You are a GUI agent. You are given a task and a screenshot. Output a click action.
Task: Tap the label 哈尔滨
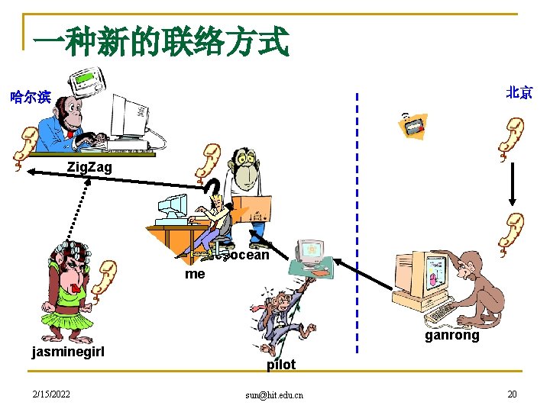(31, 97)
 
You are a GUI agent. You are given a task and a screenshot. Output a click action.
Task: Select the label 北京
(519, 92)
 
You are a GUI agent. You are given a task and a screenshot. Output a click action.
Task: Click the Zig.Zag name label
(89, 166)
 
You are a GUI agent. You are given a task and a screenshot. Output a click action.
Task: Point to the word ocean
(250, 255)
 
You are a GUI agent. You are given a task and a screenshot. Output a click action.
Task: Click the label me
(195, 273)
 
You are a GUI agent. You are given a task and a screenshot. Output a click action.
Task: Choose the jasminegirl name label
(67, 351)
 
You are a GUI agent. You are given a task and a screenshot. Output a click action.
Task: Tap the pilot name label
(280, 365)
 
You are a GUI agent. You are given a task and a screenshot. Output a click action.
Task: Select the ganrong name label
(452, 335)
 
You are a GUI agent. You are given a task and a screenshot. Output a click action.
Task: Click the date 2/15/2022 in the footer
(50, 393)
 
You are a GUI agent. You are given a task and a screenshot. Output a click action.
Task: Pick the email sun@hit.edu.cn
(274, 394)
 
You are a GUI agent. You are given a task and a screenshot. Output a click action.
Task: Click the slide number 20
(511, 393)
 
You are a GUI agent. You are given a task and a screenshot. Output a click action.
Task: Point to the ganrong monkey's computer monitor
(419, 275)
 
